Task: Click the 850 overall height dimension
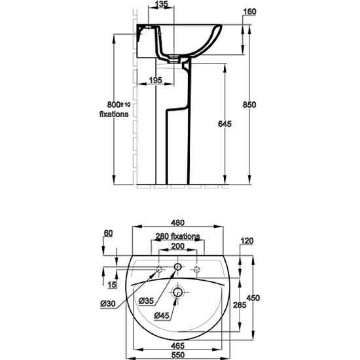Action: pyautogui.click(x=249, y=105)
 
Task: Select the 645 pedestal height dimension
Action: pyautogui.click(x=225, y=124)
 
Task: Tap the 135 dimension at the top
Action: pyautogui.click(x=162, y=4)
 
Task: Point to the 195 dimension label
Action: pyautogui.click(x=155, y=81)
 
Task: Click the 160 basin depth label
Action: pyautogui.click(x=249, y=12)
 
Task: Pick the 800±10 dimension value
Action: pyautogui.click(x=118, y=105)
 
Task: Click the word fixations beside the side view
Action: pyautogui.click(x=114, y=114)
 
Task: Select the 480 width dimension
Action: pyautogui.click(x=178, y=223)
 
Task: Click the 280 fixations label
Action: pyautogui.click(x=177, y=236)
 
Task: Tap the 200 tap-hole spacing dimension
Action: pyautogui.click(x=178, y=246)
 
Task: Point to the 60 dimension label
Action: pyautogui.click(x=109, y=233)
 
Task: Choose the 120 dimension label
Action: pyautogui.click(x=247, y=241)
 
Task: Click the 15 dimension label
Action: pyautogui.click(x=113, y=285)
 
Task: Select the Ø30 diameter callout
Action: pyautogui.click(x=108, y=304)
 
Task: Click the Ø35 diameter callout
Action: pyautogui.click(x=146, y=301)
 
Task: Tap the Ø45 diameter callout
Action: pyautogui.click(x=162, y=315)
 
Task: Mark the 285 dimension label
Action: pyautogui.click(x=240, y=305)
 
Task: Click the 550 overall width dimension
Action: pyautogui.click(x=178, y=355)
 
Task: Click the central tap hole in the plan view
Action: pyautogui.click(x=177, y=267)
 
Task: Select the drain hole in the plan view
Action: pyautogui.click(x=177, y=293)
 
